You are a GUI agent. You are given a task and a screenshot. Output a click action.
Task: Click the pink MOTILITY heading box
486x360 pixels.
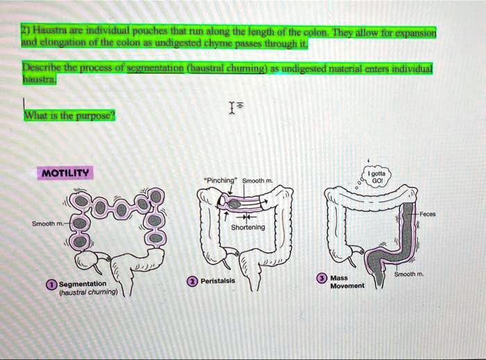65,173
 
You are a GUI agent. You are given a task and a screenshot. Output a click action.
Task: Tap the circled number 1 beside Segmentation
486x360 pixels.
52,284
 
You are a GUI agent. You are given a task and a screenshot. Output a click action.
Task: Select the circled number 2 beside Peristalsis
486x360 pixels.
192,281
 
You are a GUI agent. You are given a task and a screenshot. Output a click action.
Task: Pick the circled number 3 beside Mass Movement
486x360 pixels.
322,278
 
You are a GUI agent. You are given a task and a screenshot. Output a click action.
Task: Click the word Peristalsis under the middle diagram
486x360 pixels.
218,281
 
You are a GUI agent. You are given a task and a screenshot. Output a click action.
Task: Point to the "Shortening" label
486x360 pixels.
248,227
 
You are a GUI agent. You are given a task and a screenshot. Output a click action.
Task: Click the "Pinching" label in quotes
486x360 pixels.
220,180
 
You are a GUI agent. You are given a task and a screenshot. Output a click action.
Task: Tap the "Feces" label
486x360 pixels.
428,214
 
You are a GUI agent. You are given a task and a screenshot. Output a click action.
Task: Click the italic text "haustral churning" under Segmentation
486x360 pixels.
88,293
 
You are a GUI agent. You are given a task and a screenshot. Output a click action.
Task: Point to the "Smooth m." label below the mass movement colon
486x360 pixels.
409,274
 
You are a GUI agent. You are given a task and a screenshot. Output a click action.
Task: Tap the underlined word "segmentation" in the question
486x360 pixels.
156,67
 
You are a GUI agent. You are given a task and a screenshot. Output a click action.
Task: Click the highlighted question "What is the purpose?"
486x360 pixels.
69,116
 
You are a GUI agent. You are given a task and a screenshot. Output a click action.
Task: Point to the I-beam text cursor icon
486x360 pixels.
231,108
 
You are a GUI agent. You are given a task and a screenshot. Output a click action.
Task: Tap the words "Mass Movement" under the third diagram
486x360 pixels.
347,281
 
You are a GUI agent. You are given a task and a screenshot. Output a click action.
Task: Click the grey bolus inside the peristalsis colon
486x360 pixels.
235,204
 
